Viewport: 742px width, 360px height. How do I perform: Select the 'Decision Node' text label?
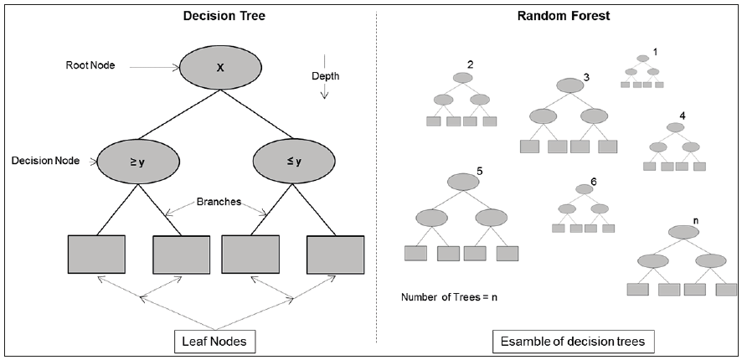click(x=40, y=160)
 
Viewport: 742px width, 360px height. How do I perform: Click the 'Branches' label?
click(x=219, y=201)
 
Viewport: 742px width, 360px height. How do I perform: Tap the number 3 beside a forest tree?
click(x=586, y=78)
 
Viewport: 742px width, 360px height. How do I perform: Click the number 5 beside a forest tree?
click(x=479, y=172)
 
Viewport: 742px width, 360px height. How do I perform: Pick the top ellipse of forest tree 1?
click(x=642, y=59)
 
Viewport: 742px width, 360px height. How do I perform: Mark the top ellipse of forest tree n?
click(x=683, y=232)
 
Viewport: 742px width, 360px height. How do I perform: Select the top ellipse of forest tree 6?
click(x=584, y=189)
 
